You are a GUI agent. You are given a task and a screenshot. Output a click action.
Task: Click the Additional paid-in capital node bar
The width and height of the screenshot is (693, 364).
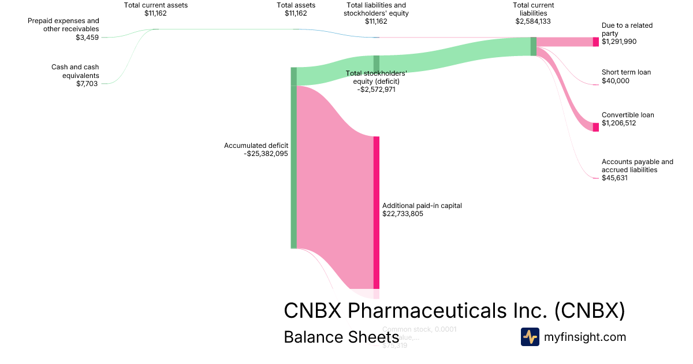coord(376,212)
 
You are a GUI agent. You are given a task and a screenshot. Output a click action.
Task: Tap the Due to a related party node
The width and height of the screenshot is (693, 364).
coord(595,42)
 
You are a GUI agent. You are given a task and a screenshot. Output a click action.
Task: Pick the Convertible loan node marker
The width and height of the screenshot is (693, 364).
coord(595,127)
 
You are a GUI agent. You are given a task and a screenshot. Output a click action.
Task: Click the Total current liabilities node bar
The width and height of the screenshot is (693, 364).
coord(533,46)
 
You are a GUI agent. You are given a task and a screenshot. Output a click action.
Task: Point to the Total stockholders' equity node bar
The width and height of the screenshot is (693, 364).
coord(376,64)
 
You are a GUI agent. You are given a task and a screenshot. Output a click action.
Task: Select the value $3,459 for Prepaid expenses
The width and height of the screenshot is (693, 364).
coord(87,38)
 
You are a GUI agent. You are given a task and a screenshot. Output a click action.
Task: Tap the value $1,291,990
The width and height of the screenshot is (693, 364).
coord(619,42)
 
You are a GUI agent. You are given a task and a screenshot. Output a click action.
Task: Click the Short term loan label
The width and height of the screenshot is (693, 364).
coord(626,72)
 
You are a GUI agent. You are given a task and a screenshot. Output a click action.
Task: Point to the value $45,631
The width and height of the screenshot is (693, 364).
coord(614,178)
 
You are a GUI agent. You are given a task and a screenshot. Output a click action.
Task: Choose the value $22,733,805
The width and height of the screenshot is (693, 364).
coord(403,214)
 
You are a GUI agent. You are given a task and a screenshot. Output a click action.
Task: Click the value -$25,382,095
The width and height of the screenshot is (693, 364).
coord(266,154)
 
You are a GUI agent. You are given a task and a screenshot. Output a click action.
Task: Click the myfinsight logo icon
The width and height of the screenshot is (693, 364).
coord(530,337)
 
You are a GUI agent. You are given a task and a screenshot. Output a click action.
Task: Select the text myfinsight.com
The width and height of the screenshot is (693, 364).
coord(585,337)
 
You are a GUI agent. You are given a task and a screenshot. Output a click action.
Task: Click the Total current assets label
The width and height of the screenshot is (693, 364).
coord(155,5)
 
